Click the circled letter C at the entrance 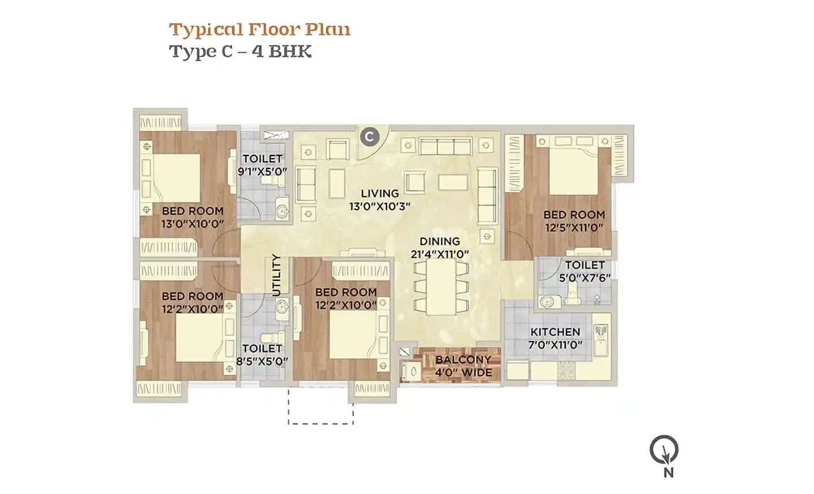click(370, 137)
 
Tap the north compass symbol click(664, 450)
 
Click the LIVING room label click(380, 193)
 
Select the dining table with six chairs click(441, 287)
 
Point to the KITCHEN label click(555, 332)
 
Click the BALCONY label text click(464, 359)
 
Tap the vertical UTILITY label click(276, 275)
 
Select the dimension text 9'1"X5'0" click(262, 171)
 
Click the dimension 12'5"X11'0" click(574, 228)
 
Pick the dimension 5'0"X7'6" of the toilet click(584, 278)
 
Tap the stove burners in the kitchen click(566, 371)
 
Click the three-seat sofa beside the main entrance click(446, 146)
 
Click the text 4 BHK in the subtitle click(282, 51)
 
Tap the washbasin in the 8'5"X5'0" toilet click(282, 308)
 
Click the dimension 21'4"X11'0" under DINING click(440, 254)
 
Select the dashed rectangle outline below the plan click(321, 423)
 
